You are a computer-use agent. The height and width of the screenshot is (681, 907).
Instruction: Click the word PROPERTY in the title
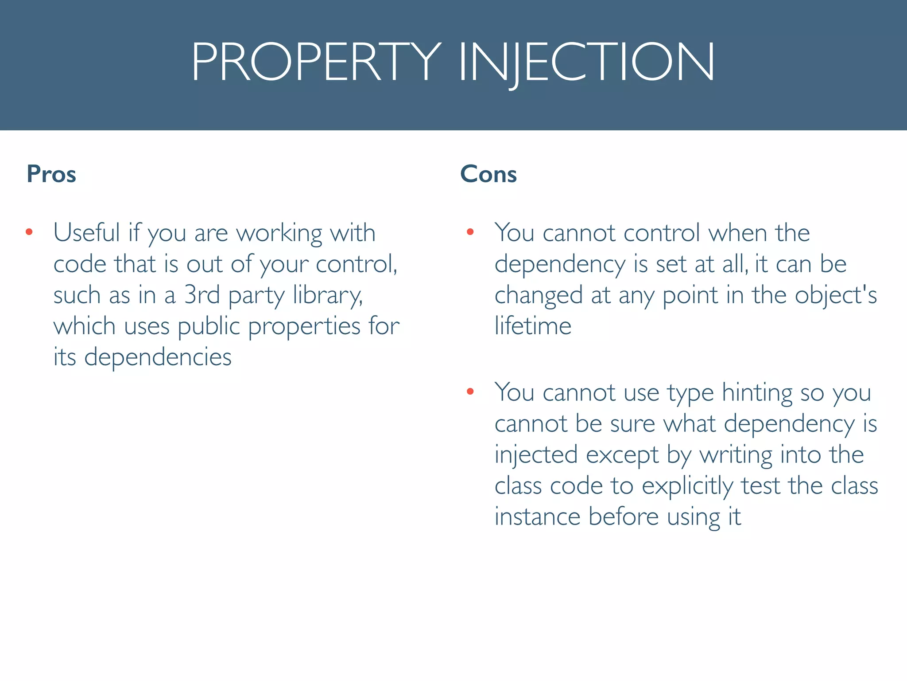click(316, 62)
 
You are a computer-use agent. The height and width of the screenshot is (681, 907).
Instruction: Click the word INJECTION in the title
click(586, 62)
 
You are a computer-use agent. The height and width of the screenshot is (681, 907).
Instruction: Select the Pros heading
click(51, 174)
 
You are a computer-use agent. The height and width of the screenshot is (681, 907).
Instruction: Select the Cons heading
click(488, 174)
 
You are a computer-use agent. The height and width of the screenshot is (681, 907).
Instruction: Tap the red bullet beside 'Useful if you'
click(29, 232)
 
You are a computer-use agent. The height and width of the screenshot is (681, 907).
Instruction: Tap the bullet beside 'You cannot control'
click(470, 232)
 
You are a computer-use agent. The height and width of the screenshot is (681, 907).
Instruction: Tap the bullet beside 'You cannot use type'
click(470, 391)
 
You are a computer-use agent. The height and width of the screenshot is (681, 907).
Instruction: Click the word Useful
click(87, 232)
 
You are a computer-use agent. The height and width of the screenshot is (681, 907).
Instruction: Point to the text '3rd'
click(202, 295)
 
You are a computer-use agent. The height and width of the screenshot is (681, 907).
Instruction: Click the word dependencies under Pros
click(158, 357)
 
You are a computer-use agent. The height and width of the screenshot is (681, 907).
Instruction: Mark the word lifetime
click(533, 326)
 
